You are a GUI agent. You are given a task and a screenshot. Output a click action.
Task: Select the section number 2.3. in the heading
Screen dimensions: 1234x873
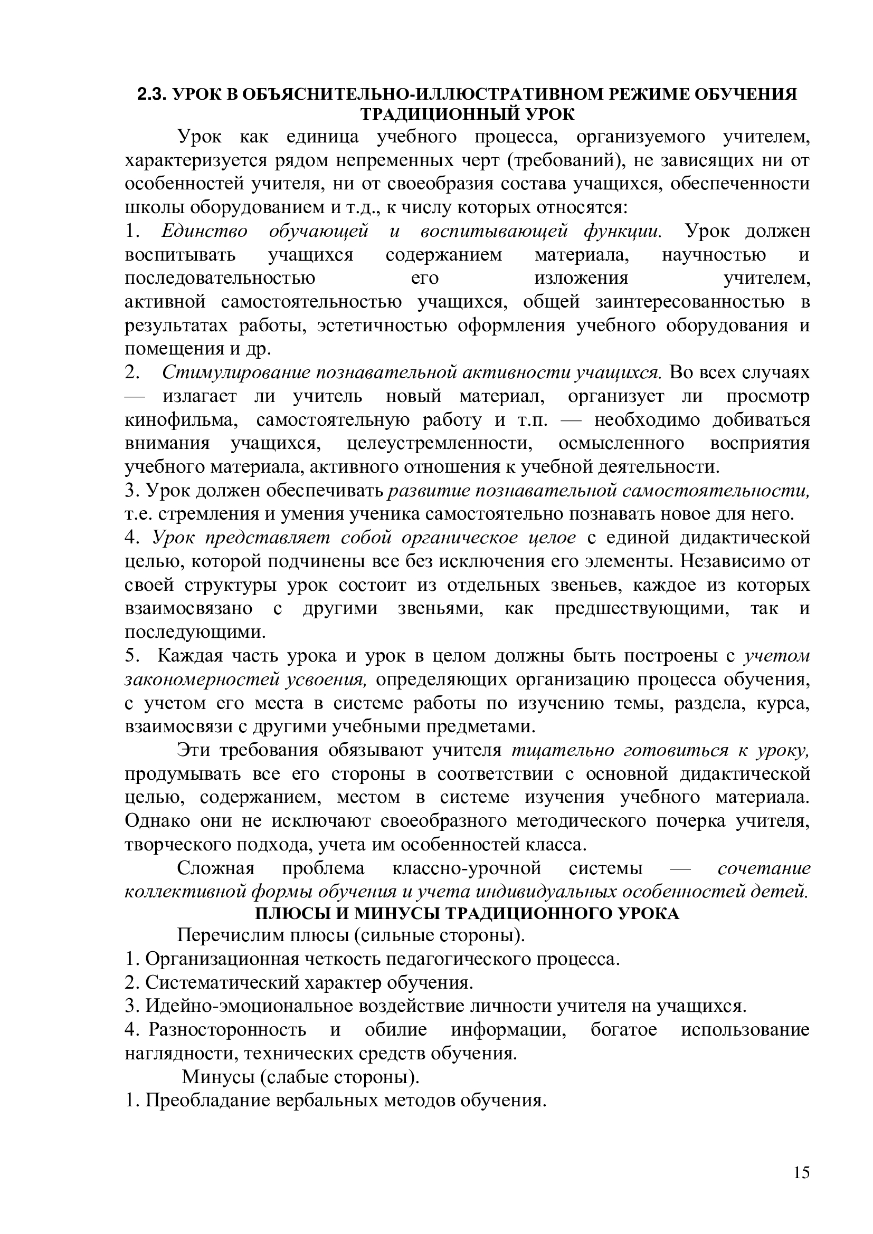click(x=153, y=94)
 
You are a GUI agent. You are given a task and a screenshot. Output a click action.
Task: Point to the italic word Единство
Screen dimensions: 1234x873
click(x=204, y=231)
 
